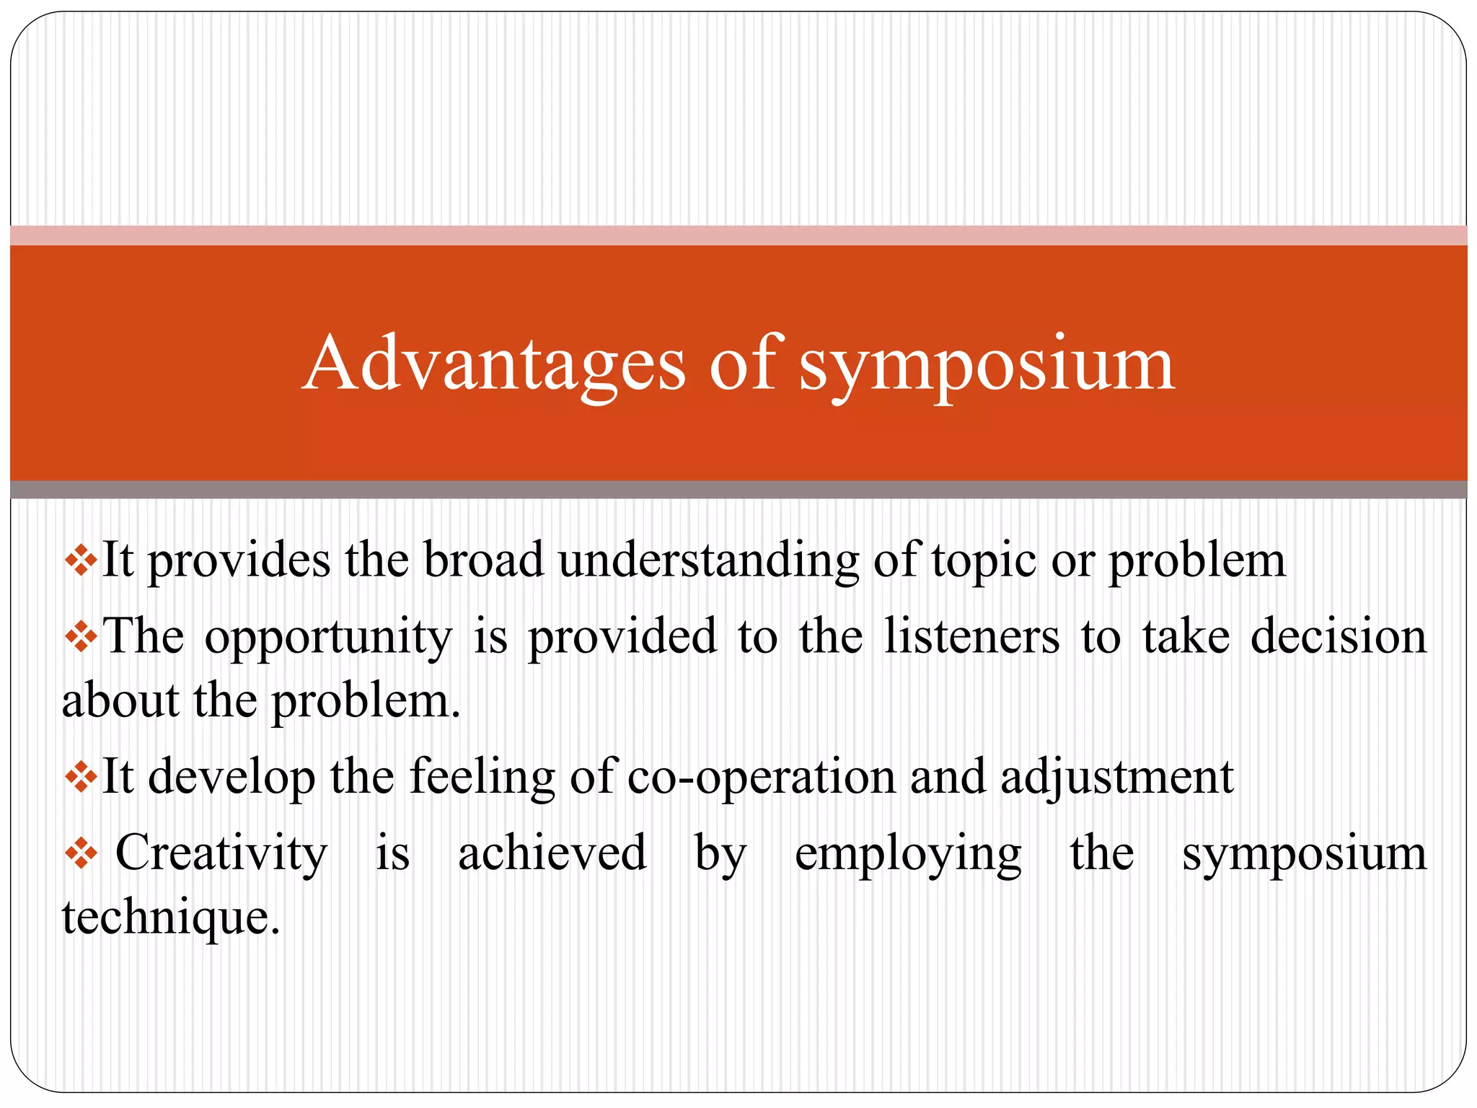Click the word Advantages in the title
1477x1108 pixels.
coord(494,364)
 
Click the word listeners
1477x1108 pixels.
coord(971,636)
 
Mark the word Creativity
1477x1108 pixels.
coord(221,853)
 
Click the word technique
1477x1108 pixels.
coord(170,918)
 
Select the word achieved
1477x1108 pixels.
coord(552,853)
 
